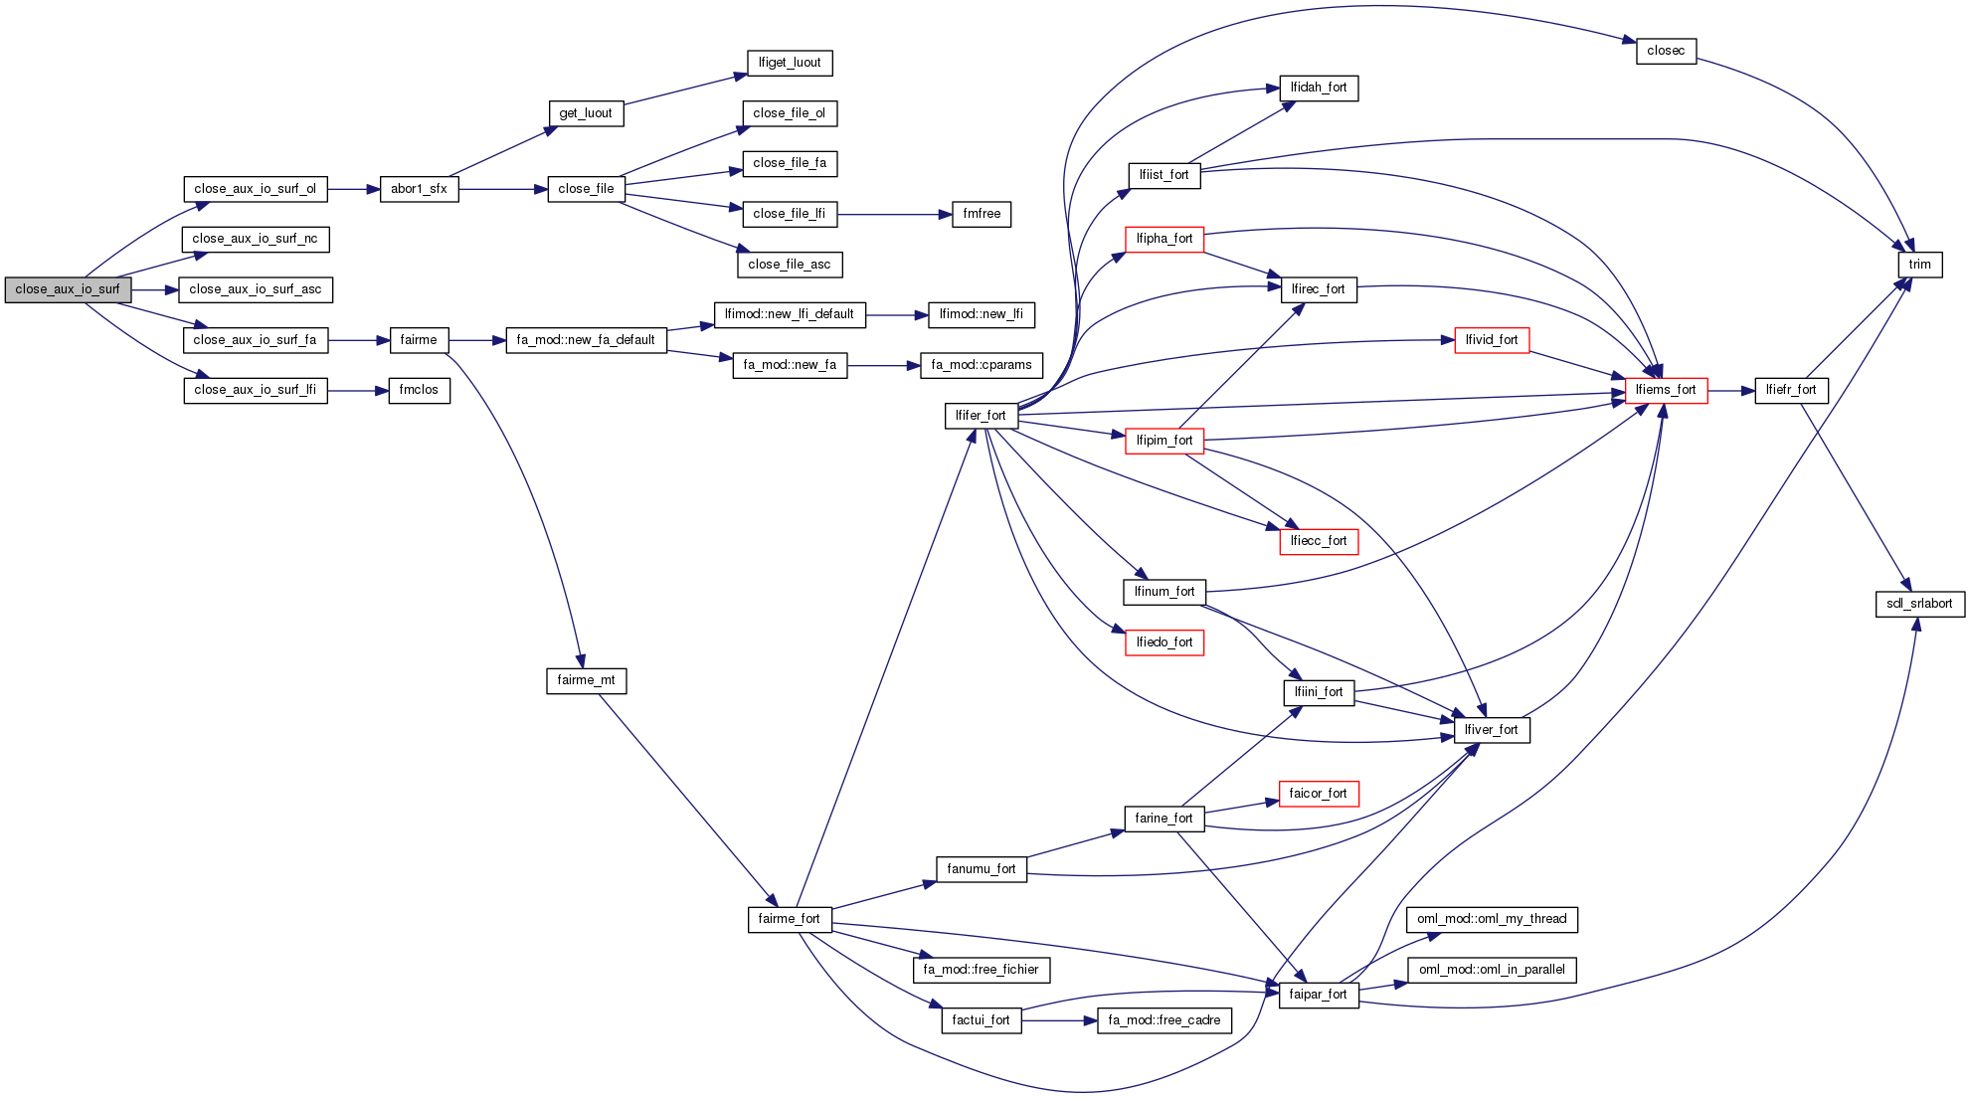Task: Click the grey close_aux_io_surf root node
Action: (68, 289)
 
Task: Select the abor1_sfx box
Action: (419, 189)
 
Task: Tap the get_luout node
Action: (586, 113)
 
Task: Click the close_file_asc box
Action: (790, 265)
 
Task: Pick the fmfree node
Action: (982, 214)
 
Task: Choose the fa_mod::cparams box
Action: (982, 365)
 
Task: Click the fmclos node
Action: (419, 390)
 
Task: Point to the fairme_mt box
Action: (586, 680)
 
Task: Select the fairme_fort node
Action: (790, 919)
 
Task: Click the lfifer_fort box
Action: (981, 416)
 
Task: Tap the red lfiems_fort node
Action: (1666, 390)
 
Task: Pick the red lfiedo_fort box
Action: (1164, 642)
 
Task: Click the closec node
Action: (1666, 51)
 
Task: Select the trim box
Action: (1919, 265)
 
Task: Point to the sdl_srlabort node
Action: (1919, 604)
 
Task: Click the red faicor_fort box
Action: (1318, 794)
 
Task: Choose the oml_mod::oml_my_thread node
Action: (1492, 919)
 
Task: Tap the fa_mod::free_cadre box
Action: (1164, 1020)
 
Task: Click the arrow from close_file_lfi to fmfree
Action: (894, 215)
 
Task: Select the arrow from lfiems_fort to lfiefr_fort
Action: (1731, 391)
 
